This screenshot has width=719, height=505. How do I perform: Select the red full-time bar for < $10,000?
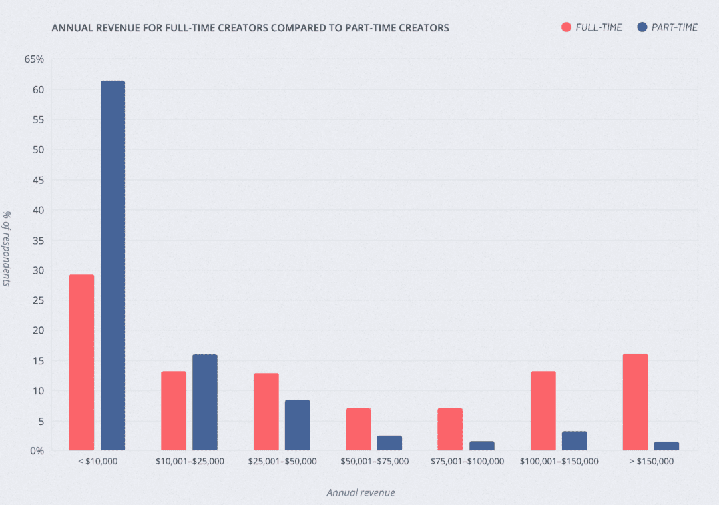tap(81, 362)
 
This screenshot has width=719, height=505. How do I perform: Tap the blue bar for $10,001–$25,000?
tap(204, 402)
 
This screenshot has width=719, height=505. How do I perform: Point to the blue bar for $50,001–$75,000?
tap(389, 443)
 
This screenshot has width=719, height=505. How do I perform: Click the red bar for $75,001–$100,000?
tap(450, 429)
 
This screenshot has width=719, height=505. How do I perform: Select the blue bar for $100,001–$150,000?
tap(574, 441)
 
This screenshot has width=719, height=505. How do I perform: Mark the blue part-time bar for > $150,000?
tap(666, 446)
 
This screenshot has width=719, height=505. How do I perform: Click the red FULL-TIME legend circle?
tap(567, 27)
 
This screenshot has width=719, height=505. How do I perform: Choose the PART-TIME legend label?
tap(675, 27)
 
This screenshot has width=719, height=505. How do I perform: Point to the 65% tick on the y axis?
tap(34, 59)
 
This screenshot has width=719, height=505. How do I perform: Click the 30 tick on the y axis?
tap(38, 270)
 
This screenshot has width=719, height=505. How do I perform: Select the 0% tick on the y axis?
tap(36, 451)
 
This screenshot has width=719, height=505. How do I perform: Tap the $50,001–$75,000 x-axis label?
tap(374, 461)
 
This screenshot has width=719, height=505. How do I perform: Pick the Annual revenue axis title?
tap(360, 493)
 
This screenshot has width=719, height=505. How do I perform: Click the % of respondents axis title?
tap(7, 249)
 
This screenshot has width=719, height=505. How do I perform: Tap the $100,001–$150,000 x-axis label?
tap(559, 461)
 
